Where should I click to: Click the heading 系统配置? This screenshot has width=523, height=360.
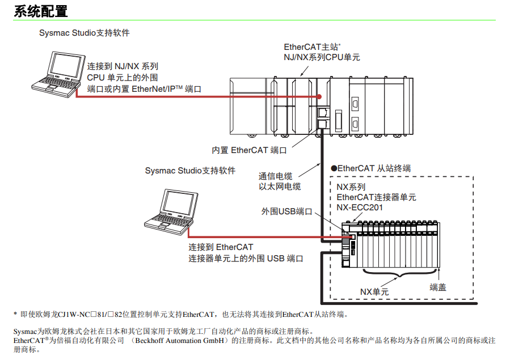40,10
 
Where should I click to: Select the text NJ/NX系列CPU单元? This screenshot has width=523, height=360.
322,57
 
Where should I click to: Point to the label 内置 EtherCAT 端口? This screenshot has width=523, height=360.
249,150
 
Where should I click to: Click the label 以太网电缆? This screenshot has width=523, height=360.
280,187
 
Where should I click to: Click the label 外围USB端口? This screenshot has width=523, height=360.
286,211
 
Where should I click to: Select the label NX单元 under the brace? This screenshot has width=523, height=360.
374,291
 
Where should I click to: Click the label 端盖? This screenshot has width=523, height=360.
438,287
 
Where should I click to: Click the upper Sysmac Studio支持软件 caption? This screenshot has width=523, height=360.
85,33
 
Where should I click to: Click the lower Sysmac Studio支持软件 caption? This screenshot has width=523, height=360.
190,170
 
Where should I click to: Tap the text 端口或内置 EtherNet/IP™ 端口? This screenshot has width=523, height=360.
144,89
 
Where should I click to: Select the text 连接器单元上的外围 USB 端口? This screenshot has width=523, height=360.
246,258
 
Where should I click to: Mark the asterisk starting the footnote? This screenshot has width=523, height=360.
15,314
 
